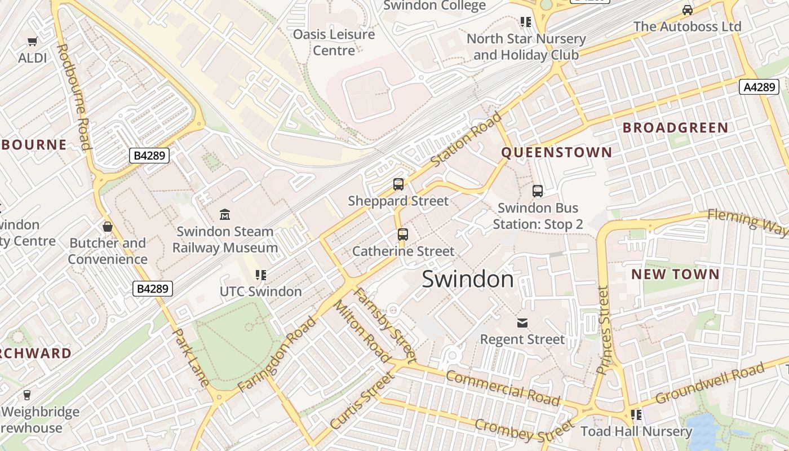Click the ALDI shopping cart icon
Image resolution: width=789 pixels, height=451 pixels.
(x=32, y=41)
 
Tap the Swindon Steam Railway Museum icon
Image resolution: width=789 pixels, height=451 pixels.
(x=225, y=214)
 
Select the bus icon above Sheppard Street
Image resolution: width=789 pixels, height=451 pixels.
(x=398, y=184)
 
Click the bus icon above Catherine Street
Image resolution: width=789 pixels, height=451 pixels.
(x=402, y=234)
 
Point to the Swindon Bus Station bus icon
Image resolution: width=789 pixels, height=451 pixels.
(x=538, y=191)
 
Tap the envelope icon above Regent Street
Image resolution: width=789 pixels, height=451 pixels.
(x=522, y=322)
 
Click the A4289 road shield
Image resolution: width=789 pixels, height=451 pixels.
(x=759, y=87)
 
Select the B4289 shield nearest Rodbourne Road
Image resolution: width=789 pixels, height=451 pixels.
(x=149, y=155)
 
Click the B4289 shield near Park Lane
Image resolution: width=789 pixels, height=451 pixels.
(x=153, y=289)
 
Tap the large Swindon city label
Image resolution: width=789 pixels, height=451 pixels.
(x=468, y=279)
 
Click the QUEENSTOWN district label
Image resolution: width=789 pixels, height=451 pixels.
(x=556, y=152)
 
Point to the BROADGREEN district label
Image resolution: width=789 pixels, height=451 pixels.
(x=675, y=127)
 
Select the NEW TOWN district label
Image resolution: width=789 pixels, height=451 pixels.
(x=675, y=275)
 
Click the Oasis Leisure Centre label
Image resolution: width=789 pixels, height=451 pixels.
(x=334, y=42)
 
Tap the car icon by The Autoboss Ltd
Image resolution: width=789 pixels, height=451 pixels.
(x=688, y=10)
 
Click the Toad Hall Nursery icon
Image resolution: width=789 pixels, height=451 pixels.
(x=636, y=415)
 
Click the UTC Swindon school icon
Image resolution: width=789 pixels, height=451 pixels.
(x=260, y=275)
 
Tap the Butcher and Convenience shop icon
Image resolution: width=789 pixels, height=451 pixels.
(x=108, y=227)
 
